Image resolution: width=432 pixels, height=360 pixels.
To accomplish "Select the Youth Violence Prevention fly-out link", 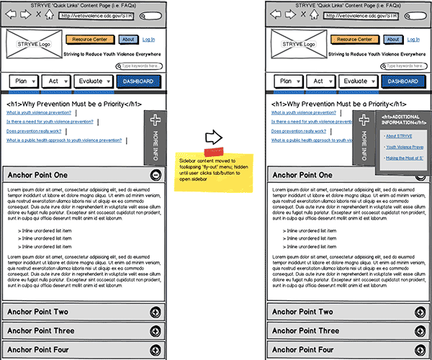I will (403, 147).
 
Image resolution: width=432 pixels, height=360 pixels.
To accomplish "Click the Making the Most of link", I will (403, 158).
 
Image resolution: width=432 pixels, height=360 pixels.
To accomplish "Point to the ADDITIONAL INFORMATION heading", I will (400, 120).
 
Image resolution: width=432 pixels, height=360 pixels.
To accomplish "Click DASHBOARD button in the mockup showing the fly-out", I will (402, 81).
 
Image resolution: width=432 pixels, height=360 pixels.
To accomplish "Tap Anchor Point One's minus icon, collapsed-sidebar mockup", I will (156, 175).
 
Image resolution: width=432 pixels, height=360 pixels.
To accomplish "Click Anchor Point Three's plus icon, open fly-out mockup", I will (420, 331).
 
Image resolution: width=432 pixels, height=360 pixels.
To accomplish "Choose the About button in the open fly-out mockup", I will (392, 40).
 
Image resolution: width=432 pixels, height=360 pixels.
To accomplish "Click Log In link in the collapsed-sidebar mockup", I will (148, 40).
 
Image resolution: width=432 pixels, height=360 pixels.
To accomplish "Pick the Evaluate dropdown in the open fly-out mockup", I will (359, 81).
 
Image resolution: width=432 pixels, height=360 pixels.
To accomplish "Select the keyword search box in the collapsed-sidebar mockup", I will (138, 66).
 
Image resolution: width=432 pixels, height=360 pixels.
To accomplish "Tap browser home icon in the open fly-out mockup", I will (312, 14).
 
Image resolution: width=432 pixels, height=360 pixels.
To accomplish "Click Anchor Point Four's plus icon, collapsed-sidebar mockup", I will (156, 350).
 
